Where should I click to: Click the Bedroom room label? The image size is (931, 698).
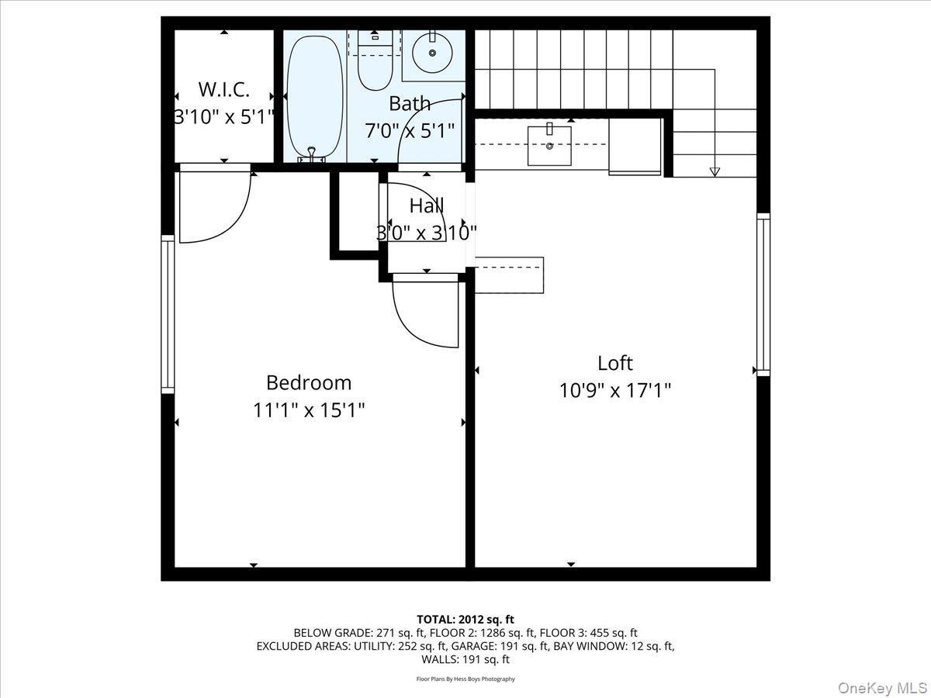308,382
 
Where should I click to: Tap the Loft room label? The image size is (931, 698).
614,363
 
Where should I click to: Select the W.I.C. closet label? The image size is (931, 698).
223,89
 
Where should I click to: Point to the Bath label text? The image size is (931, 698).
409,103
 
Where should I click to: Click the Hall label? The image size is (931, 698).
426,206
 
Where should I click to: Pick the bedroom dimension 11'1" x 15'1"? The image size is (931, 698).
308,409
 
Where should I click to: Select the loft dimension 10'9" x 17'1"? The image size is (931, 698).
614,390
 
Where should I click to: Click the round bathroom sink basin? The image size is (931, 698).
432,52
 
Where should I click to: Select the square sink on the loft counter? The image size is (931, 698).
549,145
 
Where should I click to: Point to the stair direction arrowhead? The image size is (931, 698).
715,171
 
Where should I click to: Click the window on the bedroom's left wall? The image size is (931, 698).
168,313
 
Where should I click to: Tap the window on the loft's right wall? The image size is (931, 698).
763,294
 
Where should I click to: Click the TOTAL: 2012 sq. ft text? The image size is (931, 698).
465,619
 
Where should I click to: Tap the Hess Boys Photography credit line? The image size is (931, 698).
465,679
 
